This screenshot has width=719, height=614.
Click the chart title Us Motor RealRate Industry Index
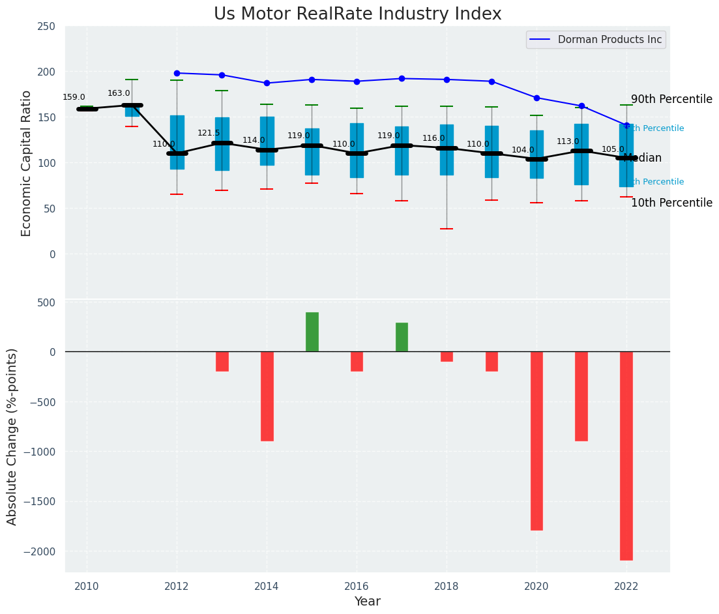[x=357, y=14]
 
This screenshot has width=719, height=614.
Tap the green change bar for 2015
[x=312, y=332]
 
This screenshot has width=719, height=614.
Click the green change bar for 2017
[x=402, y=337]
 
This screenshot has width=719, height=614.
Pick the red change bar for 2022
[x=626, y=456]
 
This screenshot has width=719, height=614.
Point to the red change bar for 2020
[x=536, y=441]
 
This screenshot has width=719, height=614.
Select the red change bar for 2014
[x=267, y=396]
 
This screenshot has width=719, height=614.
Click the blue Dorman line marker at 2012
[x=177, y=73]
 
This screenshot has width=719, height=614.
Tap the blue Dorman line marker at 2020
[x=536, y=98]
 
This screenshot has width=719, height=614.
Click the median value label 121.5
[x=209, y=133]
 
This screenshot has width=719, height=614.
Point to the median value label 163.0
[x=119, y=93]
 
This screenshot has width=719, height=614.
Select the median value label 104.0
[x=523, y=150]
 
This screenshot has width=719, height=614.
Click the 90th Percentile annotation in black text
[x=671, y=99]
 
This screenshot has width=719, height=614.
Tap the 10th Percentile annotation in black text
[x=671, y=203]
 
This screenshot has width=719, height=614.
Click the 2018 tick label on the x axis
[x=447, y=586]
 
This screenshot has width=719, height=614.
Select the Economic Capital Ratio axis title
[x=27, y=163]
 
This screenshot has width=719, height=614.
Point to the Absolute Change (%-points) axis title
[x=12, y=436]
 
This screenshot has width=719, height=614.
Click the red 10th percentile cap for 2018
[x=447, y=229]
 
